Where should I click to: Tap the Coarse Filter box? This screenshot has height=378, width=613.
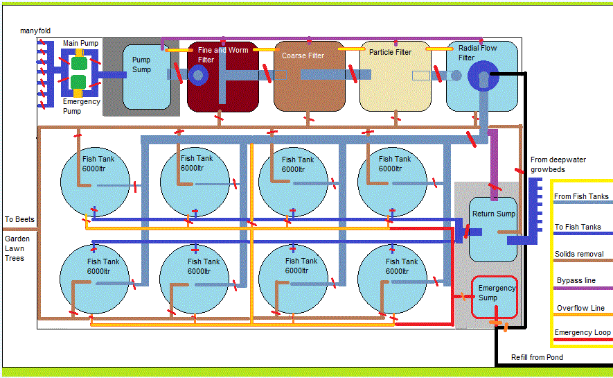pos(309,76)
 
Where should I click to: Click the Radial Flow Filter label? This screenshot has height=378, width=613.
pos(477,53)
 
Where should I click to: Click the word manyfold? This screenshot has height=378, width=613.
pos(35,31)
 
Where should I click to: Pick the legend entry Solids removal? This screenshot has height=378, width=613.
pos(578,255)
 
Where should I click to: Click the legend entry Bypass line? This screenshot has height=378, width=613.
pos(576,281)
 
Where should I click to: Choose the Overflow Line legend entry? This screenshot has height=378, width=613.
pos(580,308)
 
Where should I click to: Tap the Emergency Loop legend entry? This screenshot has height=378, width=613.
pos(583,333)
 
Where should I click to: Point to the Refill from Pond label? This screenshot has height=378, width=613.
pos(537,358)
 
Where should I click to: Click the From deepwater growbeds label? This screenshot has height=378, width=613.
pos(558,164)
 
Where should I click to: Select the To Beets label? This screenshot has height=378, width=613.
pos(19,220)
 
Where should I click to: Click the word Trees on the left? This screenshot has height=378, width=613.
pos(15,258)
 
